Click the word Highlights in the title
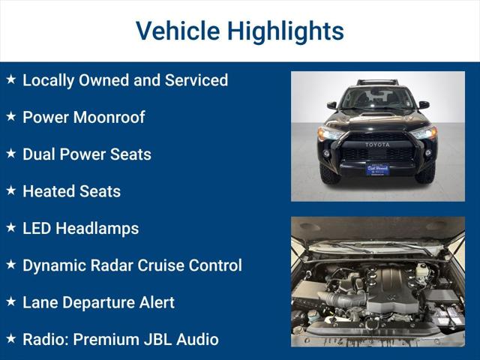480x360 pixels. [285, 31]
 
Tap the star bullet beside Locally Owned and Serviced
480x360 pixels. [10, 79]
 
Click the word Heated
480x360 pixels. [49, 191]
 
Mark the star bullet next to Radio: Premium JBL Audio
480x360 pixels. [10, 339]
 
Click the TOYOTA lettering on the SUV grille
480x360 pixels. [377, 145]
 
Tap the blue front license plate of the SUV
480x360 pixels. [377, 169]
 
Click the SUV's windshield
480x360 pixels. [377, 98]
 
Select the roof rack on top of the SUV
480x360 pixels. [377, 81]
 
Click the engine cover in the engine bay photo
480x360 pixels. [390, 289]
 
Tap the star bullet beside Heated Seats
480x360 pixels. [10, 191]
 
